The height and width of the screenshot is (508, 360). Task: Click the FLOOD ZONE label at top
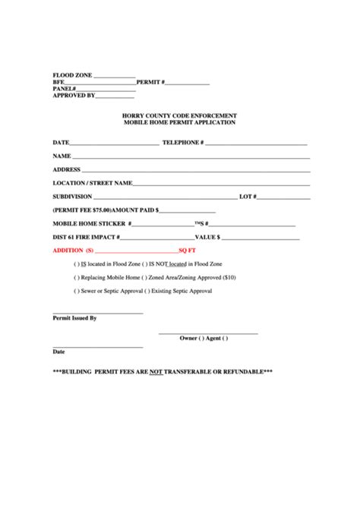pyautogui.click(x=72, y=75)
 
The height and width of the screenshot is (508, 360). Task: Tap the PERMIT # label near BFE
pyautogui.click(x=150, y=82)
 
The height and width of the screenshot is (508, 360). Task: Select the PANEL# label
pyautogui.click(x=64, y=89)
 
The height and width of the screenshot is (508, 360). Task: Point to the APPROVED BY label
pyautogui.click(x=74, y=96)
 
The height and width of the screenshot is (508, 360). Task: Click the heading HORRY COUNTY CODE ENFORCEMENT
pyautogui.click(x=179, y=115)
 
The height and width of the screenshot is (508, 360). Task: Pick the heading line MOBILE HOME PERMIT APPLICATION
pyautogui.click(x=179, y=121)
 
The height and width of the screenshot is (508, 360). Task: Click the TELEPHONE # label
pyautogui.click(x=183, y=142)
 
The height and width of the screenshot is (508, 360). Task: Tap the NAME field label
pyautogui.click(x=62, y=156)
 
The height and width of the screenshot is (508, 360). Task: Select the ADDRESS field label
pyautogui.click(x=67, y=169)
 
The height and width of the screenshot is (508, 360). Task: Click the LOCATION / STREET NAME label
pyautogui.click(x=93, y=183)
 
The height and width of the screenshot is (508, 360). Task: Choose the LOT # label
pyautogui.click(x=248, y=196)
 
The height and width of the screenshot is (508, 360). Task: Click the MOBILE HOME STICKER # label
pyautogui.click(x=92, y=224)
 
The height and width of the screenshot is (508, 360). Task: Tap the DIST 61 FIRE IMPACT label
pyautogui.click(x=86, y=237)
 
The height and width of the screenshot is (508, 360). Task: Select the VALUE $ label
pyautogui.click(x=207, y=237)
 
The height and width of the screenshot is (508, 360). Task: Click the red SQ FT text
pyautogui.click(x=188, y=250)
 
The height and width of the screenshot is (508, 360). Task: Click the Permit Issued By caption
pyautogui.click(x=74, y=318)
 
